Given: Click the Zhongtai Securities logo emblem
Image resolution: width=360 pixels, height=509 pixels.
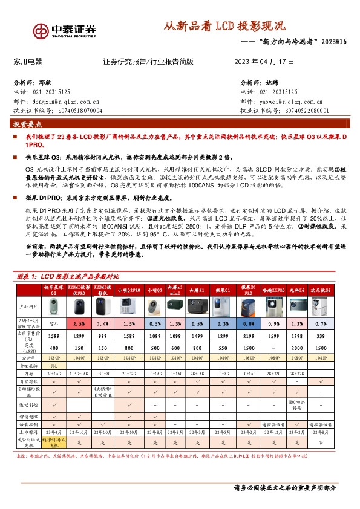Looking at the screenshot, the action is (41, 30).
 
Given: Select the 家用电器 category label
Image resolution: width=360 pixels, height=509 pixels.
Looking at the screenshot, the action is (27, 62).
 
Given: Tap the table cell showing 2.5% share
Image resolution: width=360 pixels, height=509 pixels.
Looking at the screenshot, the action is (79, 324).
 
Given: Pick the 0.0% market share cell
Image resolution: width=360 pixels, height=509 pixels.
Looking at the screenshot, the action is (249, 324).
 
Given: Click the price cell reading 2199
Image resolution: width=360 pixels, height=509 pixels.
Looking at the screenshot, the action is (249, 335).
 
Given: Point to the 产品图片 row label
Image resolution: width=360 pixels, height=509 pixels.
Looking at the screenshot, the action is (27, 306).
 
